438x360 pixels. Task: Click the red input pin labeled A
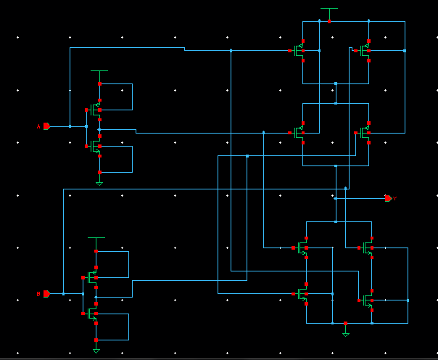(46, 126)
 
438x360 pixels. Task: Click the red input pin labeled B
(46, 293)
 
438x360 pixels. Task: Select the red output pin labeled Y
(388, 197)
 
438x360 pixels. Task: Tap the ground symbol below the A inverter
(99, 183)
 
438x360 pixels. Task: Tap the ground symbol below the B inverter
(96, 351)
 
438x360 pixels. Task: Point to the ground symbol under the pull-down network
(346, 333)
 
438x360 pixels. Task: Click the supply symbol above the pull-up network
(329, 9)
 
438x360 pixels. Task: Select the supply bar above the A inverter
(99, 71)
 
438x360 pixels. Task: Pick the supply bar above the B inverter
(96, 237)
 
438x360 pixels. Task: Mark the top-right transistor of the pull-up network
(365, 51)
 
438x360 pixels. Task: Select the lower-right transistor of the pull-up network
(365, 133)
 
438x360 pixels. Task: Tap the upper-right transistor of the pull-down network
(368, 248)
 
